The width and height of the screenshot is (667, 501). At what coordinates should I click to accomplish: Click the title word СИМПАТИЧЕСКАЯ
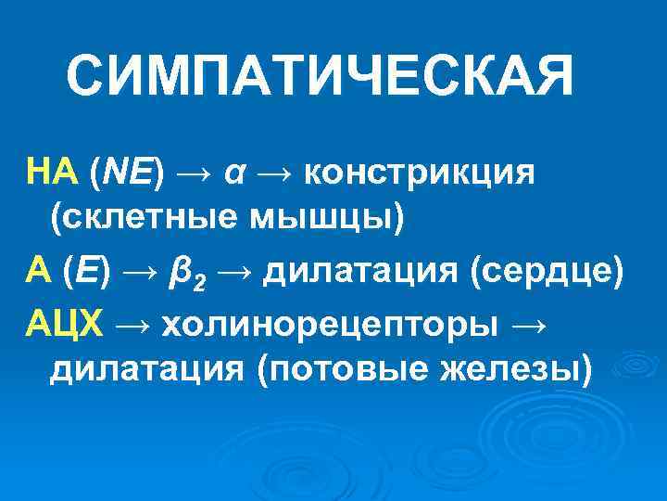point(320,77)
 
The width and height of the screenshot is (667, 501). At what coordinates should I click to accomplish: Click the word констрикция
point(418,173)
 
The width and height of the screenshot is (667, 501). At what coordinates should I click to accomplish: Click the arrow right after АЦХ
point(135,324)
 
